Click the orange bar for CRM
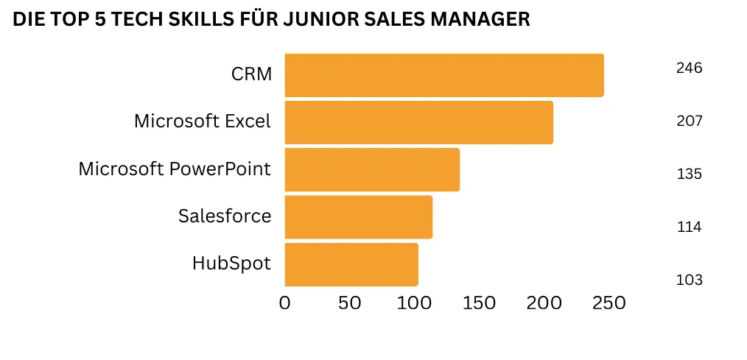point(443,75)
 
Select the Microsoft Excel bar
point(418,122)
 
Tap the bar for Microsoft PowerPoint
point(372,169)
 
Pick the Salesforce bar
point(358,216)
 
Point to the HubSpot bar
point(351,264)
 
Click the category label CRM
point(251,74)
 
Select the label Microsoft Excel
point(203,121)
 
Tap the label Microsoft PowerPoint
point(175,169)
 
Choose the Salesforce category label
point(225,216)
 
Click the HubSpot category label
point(231,263)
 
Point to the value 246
point(689,68)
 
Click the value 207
point(689,121)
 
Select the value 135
point(689,174)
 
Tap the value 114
point(689,227)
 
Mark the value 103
point(689,280)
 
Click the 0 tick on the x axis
point(285,303)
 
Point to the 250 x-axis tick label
point(609,303)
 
